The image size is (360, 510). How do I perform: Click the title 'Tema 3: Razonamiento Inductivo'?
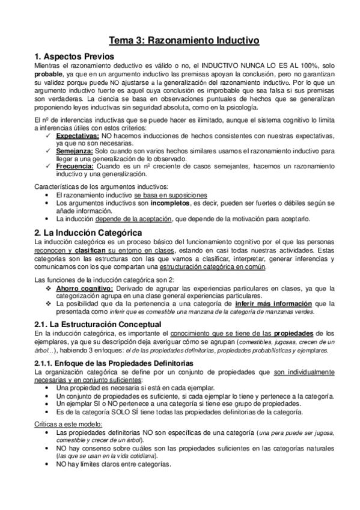184,41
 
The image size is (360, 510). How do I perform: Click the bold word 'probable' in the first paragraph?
49,74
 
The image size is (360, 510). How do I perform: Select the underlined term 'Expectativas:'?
75,137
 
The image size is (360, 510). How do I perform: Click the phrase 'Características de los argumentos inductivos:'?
102,187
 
